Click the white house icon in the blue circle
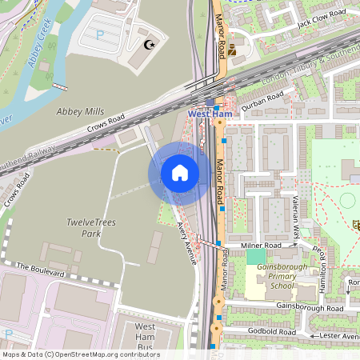pyautogui.click(x=180, y=173)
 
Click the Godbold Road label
pyautogui.click(x=270, y=331)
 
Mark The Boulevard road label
pyautogui.click(x=39, y=269)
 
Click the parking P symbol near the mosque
pyautogui.click(x=100, y=35)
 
